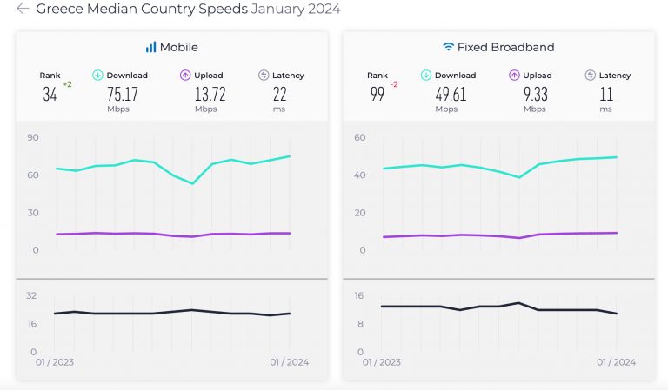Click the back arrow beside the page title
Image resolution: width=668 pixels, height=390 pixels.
[x=23, y=9]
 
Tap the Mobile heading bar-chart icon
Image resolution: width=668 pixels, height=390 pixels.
[x=150, y=47]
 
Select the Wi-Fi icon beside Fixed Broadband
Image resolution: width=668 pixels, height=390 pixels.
[x=449, y=47]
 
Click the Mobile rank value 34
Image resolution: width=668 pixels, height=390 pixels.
[x=50, y=95]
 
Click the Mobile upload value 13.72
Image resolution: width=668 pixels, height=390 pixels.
[x=205, y=95]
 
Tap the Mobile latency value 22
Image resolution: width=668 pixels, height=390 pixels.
[x=279, y=95]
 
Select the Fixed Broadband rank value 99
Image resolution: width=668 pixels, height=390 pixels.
[x=377, y=95]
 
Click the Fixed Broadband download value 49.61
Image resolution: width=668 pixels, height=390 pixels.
[x=449, y=95]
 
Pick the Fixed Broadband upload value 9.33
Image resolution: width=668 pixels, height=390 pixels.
[x=533, y=95]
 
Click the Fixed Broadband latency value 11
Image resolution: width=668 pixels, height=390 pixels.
[x=605, y=95]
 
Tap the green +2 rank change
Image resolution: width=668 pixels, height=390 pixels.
[x=67, y=84]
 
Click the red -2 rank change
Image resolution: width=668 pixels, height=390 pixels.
[x=394, y=84]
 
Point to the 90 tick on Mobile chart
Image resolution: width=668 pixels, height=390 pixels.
[x=33, y=137]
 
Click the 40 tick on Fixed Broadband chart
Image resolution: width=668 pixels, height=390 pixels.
[x=360, y=175]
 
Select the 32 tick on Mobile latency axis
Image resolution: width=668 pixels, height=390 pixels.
[x=31, y=295]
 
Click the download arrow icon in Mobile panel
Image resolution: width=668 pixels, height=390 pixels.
[x=98, y=76]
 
